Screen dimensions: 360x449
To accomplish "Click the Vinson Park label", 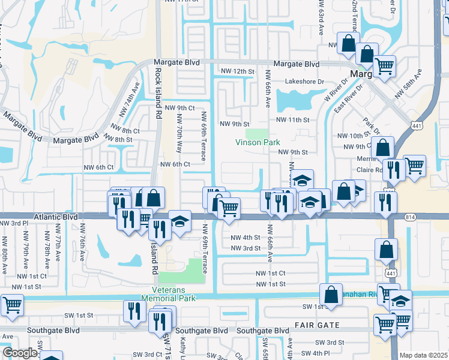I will click(258, 143).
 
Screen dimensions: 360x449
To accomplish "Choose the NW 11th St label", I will click(292, 120).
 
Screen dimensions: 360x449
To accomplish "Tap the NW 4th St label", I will click(246, 237).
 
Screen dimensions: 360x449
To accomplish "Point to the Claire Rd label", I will click(371, 170).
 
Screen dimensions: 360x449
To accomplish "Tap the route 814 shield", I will click(411, 217).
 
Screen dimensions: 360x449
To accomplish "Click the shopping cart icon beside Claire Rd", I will click(415, 165).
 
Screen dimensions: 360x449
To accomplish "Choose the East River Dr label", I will click(350, 99).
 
